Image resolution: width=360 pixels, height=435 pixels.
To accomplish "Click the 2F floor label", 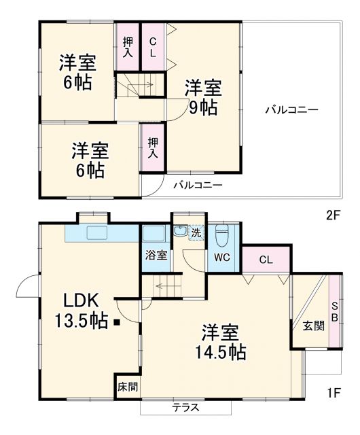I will pyautogui.click(x=331, y=215).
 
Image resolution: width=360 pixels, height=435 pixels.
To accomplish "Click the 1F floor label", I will pyautogui.click(x=331, y=393).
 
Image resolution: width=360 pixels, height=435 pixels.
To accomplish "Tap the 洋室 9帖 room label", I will pyautogui.click(x=202, y=97).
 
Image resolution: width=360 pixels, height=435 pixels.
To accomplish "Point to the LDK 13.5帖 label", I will pyautogui.click(x=82, y=310).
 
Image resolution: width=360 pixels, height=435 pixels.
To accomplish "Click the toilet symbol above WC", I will pyautogui.click(x=221, y=237).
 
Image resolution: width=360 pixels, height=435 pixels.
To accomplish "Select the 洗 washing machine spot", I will pyautogui.click(x=196, y=232).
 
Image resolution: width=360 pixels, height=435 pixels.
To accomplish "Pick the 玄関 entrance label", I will pyautogui.click(x=313, y=325).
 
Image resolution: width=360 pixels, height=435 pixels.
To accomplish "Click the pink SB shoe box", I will pyautogui.click(x=335, y=313).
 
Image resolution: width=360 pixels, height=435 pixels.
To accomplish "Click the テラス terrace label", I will pyautogui.click(x=185, y=408).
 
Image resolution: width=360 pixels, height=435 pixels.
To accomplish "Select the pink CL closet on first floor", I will pyautogui.click(x=266, y=259).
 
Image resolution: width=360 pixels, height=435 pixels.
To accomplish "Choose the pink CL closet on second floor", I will pyautogui.click(x=153, y=46).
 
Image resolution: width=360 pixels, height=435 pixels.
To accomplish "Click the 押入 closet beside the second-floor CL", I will pyautogui.click(x=127, y=46).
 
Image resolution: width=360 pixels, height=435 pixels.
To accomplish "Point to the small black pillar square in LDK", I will pyautogui.click(x=117, y=322).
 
